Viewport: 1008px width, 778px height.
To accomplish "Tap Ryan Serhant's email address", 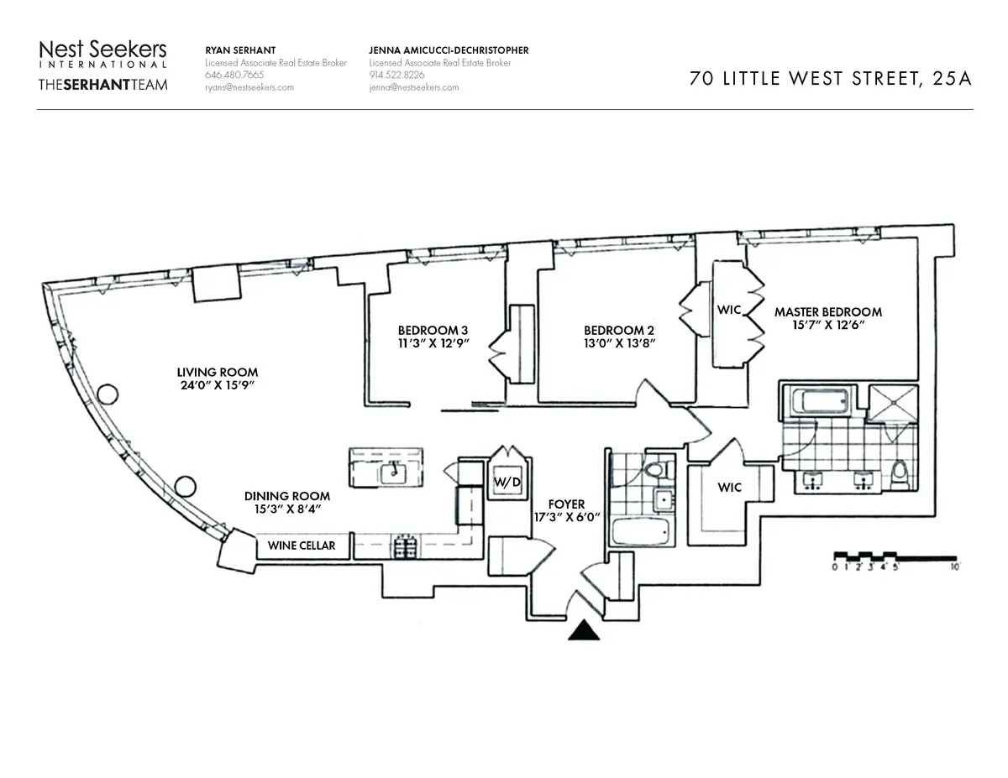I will point(249,87).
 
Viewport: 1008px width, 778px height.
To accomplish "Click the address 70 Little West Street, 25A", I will point(830,79).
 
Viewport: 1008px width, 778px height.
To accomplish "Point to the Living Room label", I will point(217,372).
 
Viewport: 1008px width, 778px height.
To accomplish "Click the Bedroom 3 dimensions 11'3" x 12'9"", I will point(433,342).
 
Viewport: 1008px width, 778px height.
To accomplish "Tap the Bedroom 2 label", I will point(618,330).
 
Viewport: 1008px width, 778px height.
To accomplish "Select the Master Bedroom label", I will point(827,311).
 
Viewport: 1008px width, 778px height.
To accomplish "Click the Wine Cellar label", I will point(301,546).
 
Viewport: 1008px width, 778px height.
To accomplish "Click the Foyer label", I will point(566,504).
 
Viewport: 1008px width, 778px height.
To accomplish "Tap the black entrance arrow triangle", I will point(585,631).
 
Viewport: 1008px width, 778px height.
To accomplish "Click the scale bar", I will point(895,558).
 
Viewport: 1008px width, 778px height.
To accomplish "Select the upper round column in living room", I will point(107,394).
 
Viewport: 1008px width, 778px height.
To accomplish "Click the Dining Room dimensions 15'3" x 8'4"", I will point(287,509).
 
